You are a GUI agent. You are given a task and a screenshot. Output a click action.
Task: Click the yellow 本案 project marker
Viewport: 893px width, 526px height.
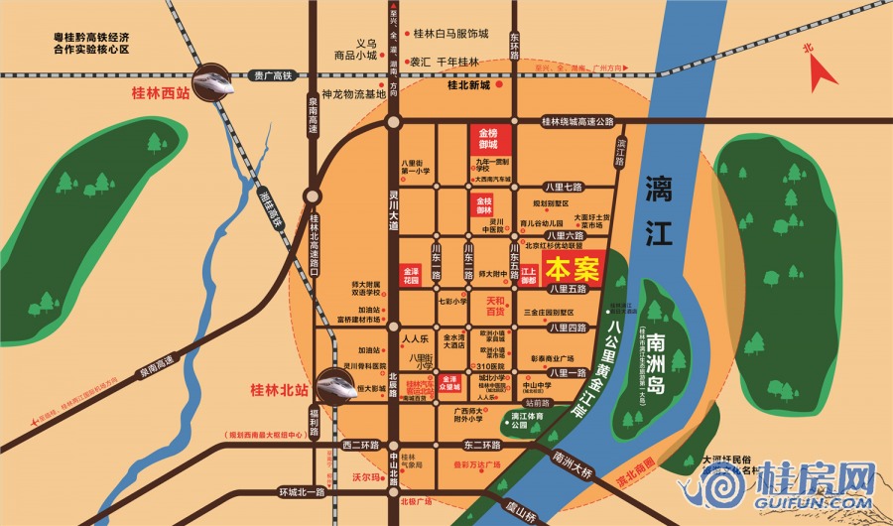coord(574,269)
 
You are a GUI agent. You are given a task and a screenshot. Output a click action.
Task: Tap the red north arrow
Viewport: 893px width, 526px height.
coord(823,66)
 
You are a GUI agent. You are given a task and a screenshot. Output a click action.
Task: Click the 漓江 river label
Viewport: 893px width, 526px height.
coord(659,209)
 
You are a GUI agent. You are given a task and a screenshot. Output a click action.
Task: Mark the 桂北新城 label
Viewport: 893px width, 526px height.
coord(469,85)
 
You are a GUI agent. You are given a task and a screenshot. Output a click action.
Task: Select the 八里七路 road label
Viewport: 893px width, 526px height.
coord(563,186)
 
